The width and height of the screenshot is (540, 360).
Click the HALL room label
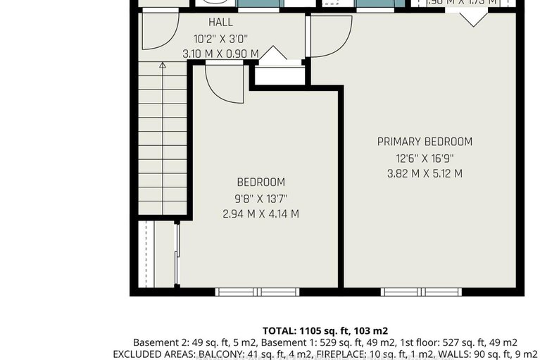[x=220, y=23]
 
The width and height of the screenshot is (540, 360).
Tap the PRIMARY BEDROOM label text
[x=425, y=142]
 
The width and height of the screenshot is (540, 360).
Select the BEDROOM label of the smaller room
[x=260, y=182]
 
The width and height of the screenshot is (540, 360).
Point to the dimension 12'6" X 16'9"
[x=425, y=158]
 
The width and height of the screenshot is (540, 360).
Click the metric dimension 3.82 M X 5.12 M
[x=425, y=173]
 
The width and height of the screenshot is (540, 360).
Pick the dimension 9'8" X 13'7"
[x=260, y=198]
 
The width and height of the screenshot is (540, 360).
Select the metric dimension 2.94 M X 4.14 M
[x=260, y=213]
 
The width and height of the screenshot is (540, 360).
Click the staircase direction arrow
[x=163, y=66]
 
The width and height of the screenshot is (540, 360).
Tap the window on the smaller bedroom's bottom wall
[x=257, y=292]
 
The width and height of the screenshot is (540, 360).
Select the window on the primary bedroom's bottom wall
[x=422, y=292]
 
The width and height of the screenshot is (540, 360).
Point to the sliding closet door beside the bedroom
[x=177, y=254]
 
